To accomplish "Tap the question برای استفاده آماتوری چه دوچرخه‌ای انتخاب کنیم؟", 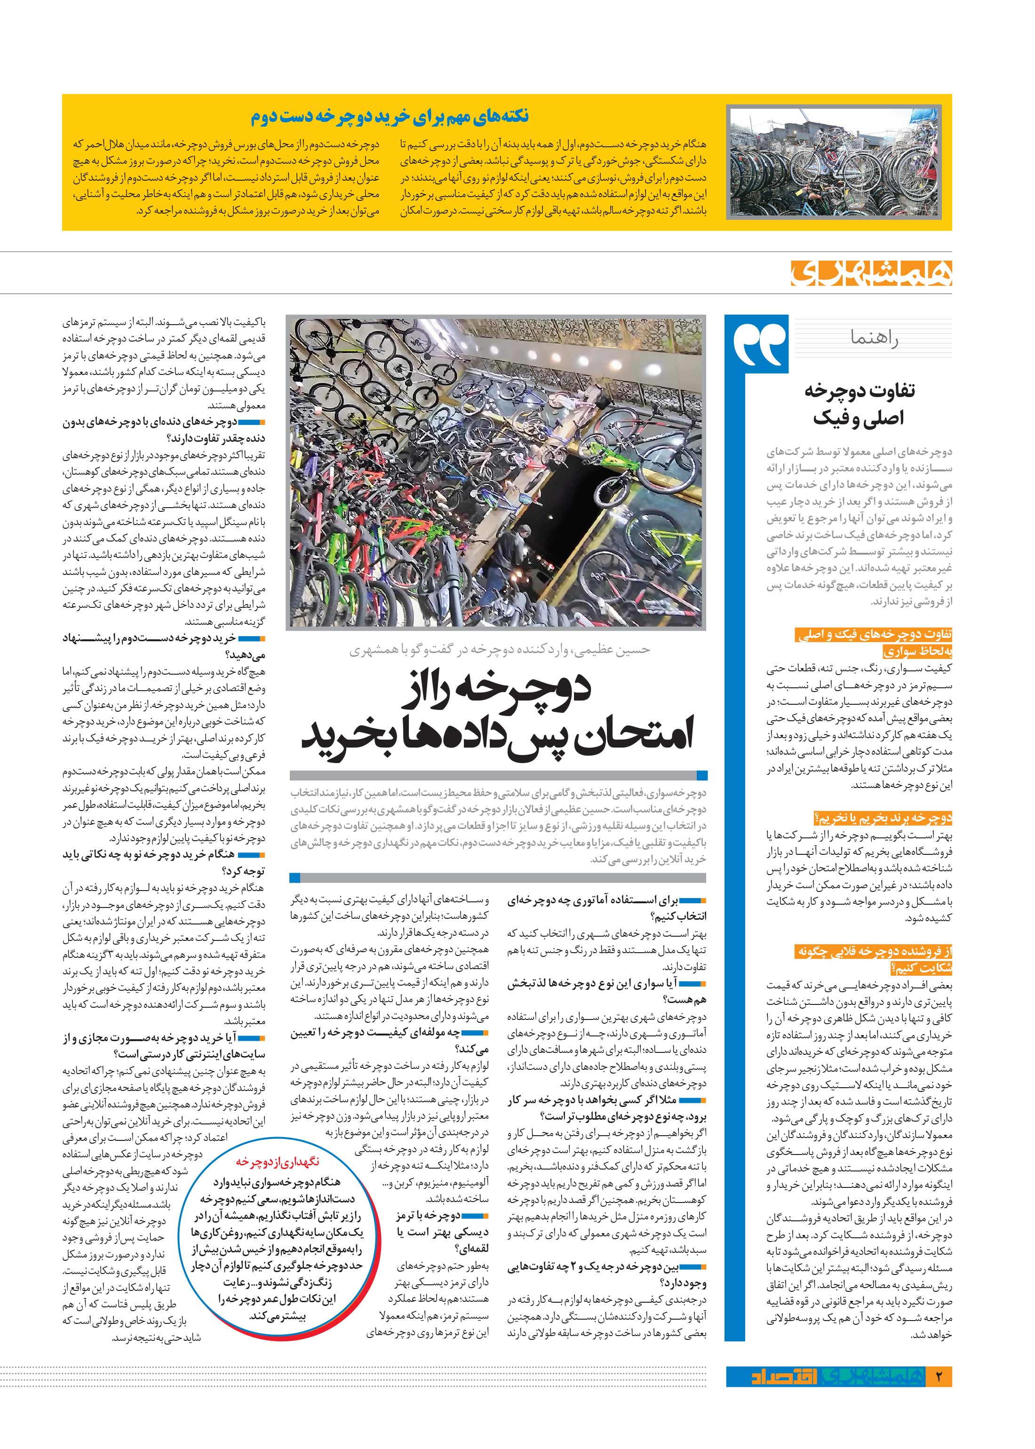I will pyautogui.click(x=607, y=909).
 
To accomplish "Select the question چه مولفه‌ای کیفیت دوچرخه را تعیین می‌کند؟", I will pyautogui.click(x=389, y=1041).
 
